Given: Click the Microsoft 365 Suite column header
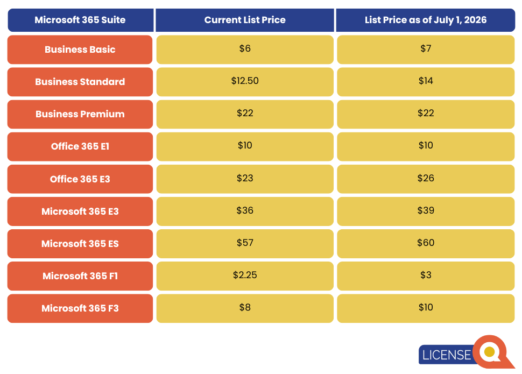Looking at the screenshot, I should [x=80, y=20].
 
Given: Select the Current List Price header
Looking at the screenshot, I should [x=245, y=20].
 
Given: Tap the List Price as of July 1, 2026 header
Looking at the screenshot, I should [x=425, y=20].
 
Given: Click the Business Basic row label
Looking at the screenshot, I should [x=80, y=50].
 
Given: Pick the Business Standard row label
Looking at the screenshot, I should [x=80, y=82].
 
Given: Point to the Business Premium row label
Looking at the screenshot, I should [x=80, y=114].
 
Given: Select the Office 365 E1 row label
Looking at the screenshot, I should [x=80, y=146].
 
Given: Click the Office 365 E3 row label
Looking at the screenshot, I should [x=80, y=179].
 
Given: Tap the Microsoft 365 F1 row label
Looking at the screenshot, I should [x=80, y=276].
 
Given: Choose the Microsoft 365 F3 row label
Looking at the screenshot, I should [x=80, y=308].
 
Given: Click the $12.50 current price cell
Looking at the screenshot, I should [x=245, y=81].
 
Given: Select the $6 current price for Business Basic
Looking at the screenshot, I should [x=245, y=49].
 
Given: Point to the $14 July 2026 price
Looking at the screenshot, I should [x=425, y=81].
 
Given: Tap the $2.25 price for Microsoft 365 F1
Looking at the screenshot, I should [x=245, y=276].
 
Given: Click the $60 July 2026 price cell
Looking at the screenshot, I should [x=425, y=243].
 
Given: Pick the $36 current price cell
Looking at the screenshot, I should [x=245, y=211].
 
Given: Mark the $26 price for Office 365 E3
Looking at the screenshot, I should [x=425, y=179].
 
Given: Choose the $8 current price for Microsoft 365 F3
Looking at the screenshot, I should [x=245, y=308].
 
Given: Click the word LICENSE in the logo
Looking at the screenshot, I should [x=446, y=355].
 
